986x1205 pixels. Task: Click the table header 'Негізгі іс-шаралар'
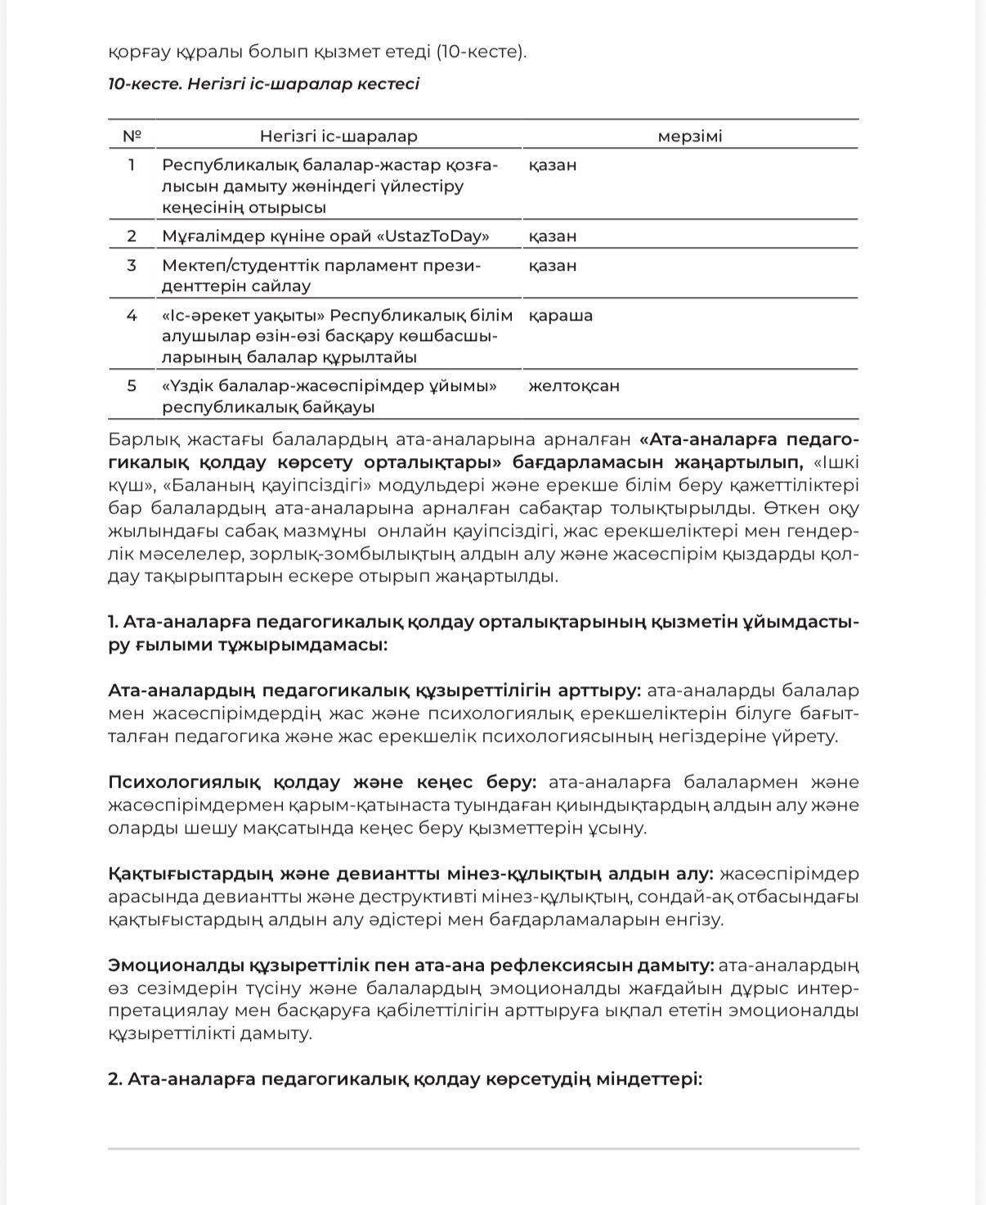coord(338,137)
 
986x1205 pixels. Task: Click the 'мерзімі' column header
coord(690,137)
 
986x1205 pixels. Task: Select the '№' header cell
coord(132,136)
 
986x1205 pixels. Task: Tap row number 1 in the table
coord(132,164)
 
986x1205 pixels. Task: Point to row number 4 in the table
coord(132,315)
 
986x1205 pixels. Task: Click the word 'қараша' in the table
coord(561,315)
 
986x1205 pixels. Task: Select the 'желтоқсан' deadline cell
coord(574,385)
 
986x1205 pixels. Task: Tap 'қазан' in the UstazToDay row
coord(553,236)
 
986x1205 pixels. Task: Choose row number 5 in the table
coord(132,385)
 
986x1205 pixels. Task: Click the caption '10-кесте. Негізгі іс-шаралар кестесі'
coord(263,84)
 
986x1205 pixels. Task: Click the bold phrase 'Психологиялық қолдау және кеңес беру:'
coord(322,782)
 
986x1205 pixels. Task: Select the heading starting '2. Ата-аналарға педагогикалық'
coord(405,1079)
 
